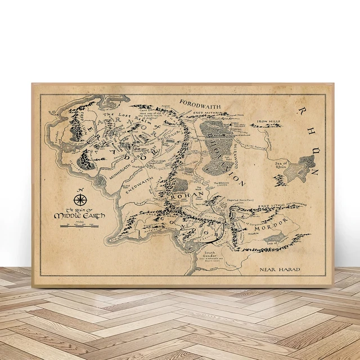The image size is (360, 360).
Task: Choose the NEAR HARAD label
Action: pos(280,269)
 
